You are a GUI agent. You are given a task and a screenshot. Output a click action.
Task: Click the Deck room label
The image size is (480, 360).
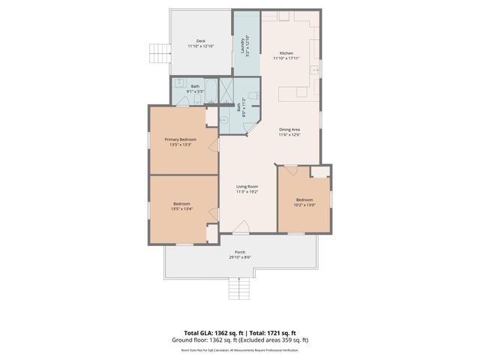point(200,41)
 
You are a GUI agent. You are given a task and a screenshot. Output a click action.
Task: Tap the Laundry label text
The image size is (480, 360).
point(242,46)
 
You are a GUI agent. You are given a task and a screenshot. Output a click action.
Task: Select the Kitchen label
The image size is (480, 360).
point(286,53)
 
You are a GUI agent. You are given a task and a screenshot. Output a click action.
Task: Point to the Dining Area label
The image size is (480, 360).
point(289,130)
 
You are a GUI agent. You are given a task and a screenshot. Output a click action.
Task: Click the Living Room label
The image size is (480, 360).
point(247,187)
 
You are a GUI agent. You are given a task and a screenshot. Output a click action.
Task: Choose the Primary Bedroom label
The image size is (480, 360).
point(181,139)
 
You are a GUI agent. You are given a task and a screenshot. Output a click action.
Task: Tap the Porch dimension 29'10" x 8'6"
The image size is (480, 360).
point(240,257)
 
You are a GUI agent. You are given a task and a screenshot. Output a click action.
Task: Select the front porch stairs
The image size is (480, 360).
point(238,286)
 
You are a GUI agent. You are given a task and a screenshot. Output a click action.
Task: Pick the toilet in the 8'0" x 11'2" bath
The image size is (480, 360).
point(254,96)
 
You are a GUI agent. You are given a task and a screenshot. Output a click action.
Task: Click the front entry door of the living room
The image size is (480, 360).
point(240,226)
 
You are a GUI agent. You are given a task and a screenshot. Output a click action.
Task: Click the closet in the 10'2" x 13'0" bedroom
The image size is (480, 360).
point(320,172)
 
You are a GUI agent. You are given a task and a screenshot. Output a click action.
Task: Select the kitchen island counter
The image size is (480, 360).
point(297,94)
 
